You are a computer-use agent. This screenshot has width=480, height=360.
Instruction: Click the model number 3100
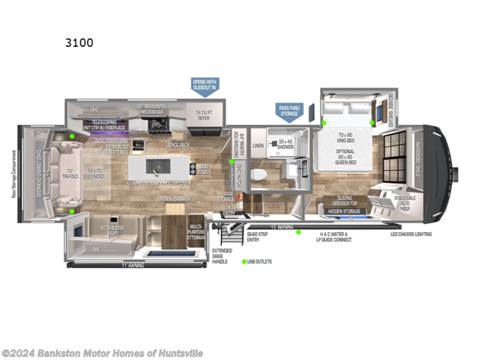coord(79,43)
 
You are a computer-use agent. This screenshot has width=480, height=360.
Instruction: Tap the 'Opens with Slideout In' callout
coord(205,85)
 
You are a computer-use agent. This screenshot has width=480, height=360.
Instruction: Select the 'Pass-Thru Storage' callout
coord(289,111)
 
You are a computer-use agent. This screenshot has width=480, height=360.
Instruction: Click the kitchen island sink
coord(155,168)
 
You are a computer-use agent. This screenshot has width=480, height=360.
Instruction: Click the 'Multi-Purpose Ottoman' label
coord(196,232)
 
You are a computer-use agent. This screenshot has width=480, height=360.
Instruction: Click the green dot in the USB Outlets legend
coord(244,262)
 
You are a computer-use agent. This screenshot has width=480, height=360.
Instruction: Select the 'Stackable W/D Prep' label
coord(404,203)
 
